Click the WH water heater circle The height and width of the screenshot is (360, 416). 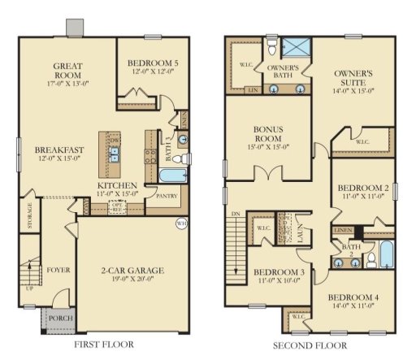click(181, 223)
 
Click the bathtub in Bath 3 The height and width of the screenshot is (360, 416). click(172, 176)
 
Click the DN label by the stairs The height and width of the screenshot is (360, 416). click(236, 213)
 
